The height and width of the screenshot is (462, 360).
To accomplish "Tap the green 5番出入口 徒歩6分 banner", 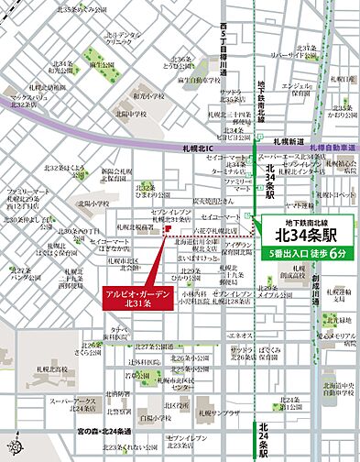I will click(307, 252).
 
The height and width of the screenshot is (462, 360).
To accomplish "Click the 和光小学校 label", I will click(147, 93).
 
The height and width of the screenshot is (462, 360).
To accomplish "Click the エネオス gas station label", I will click(239, 336).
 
